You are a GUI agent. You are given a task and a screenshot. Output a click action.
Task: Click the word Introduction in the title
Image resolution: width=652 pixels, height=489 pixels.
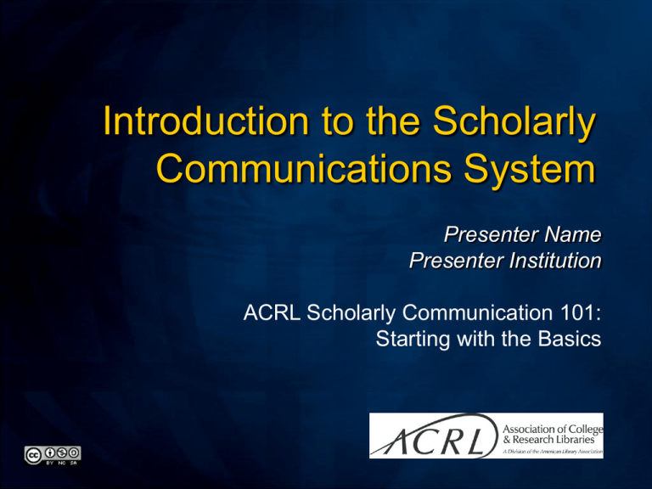[x=205, y=121]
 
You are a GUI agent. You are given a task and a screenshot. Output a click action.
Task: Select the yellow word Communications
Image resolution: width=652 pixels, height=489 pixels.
[x=304, y=168]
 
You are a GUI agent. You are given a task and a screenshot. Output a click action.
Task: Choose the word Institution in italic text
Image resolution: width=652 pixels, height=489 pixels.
[x=555, y=261]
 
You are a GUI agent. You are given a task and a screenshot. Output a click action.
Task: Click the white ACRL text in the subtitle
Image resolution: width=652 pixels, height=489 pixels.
[x=272, y=312]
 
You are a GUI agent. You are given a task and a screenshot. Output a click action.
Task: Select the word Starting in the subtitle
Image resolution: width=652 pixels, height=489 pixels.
[x=413, y=340]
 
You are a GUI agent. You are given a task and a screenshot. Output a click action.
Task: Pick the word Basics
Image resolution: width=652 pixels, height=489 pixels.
[x=570, y=339]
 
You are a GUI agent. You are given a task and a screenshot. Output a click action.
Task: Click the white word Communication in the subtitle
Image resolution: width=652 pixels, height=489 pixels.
[x=477, y=312]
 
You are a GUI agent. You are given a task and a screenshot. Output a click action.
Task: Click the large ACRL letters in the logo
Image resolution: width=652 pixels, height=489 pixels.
[x=436, y=439]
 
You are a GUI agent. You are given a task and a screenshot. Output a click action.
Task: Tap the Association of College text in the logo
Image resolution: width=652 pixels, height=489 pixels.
[x=553, y=429]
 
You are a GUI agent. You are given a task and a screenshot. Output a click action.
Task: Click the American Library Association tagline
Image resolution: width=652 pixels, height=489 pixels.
[x=553, y=452]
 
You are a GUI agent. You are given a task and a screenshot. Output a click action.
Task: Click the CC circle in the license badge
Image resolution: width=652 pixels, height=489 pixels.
[x=32, y=455]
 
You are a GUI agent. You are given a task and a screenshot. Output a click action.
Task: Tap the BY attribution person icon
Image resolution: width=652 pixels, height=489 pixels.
[x=50, y=452]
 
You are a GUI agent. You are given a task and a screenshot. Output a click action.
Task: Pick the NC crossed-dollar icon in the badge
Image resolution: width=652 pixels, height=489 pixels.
[x=62, y=452]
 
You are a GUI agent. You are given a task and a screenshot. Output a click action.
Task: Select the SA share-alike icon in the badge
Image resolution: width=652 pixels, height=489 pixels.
[x=74, y=452]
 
